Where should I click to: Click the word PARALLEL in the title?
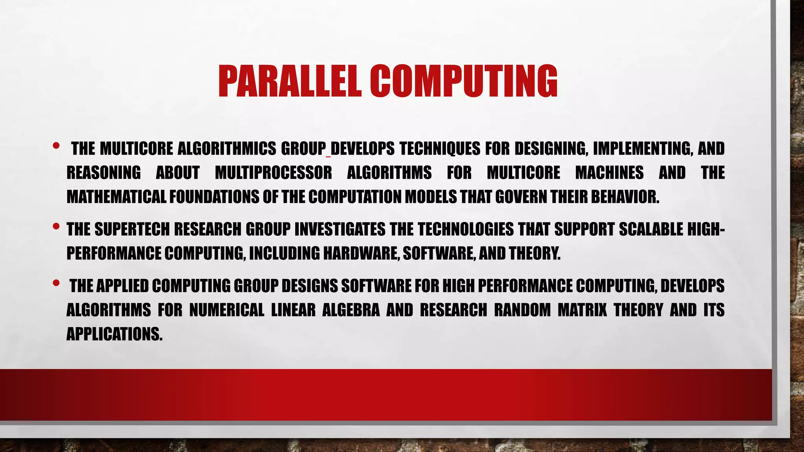(290, 81)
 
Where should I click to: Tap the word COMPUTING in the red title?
(463, 81)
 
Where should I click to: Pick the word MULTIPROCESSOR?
(273, 173)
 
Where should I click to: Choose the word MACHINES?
(609, 173)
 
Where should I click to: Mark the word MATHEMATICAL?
(116, 197)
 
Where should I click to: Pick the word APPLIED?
(122, 286)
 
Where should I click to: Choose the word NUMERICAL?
(227, 310)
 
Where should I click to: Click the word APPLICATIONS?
(114, 334)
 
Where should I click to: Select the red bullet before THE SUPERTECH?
(56, 226)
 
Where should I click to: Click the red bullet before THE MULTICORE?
(56, 146)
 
